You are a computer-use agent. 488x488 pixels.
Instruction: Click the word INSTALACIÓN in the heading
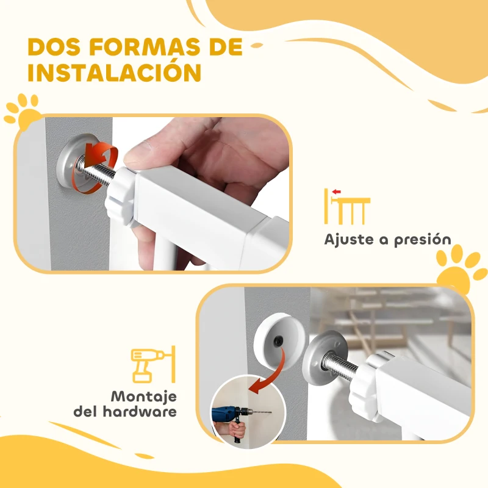click(115, 71)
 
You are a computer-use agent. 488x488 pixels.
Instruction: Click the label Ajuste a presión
click(387, 239)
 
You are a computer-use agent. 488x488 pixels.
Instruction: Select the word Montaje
click(143, 395)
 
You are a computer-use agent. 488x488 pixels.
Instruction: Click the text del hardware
click(126, 412)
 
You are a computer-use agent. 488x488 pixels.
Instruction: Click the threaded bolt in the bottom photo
click(345, 365)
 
